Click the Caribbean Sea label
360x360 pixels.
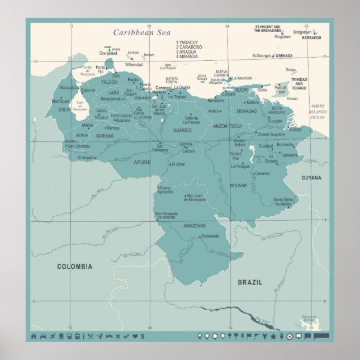141,33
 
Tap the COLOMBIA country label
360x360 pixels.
75,267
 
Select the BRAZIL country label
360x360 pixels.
250,282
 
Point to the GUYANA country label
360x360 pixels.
311,178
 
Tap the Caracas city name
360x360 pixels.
163,88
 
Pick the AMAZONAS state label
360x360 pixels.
195,226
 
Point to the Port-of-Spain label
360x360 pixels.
281,88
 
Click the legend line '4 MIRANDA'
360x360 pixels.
187,56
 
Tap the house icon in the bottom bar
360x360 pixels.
34,336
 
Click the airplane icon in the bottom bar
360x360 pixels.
52,336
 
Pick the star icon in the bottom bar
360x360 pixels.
273,336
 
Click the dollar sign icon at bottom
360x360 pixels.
143,336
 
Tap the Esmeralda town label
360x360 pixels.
211,236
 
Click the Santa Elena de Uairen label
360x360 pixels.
282,201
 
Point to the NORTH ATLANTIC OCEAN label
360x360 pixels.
318,112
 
